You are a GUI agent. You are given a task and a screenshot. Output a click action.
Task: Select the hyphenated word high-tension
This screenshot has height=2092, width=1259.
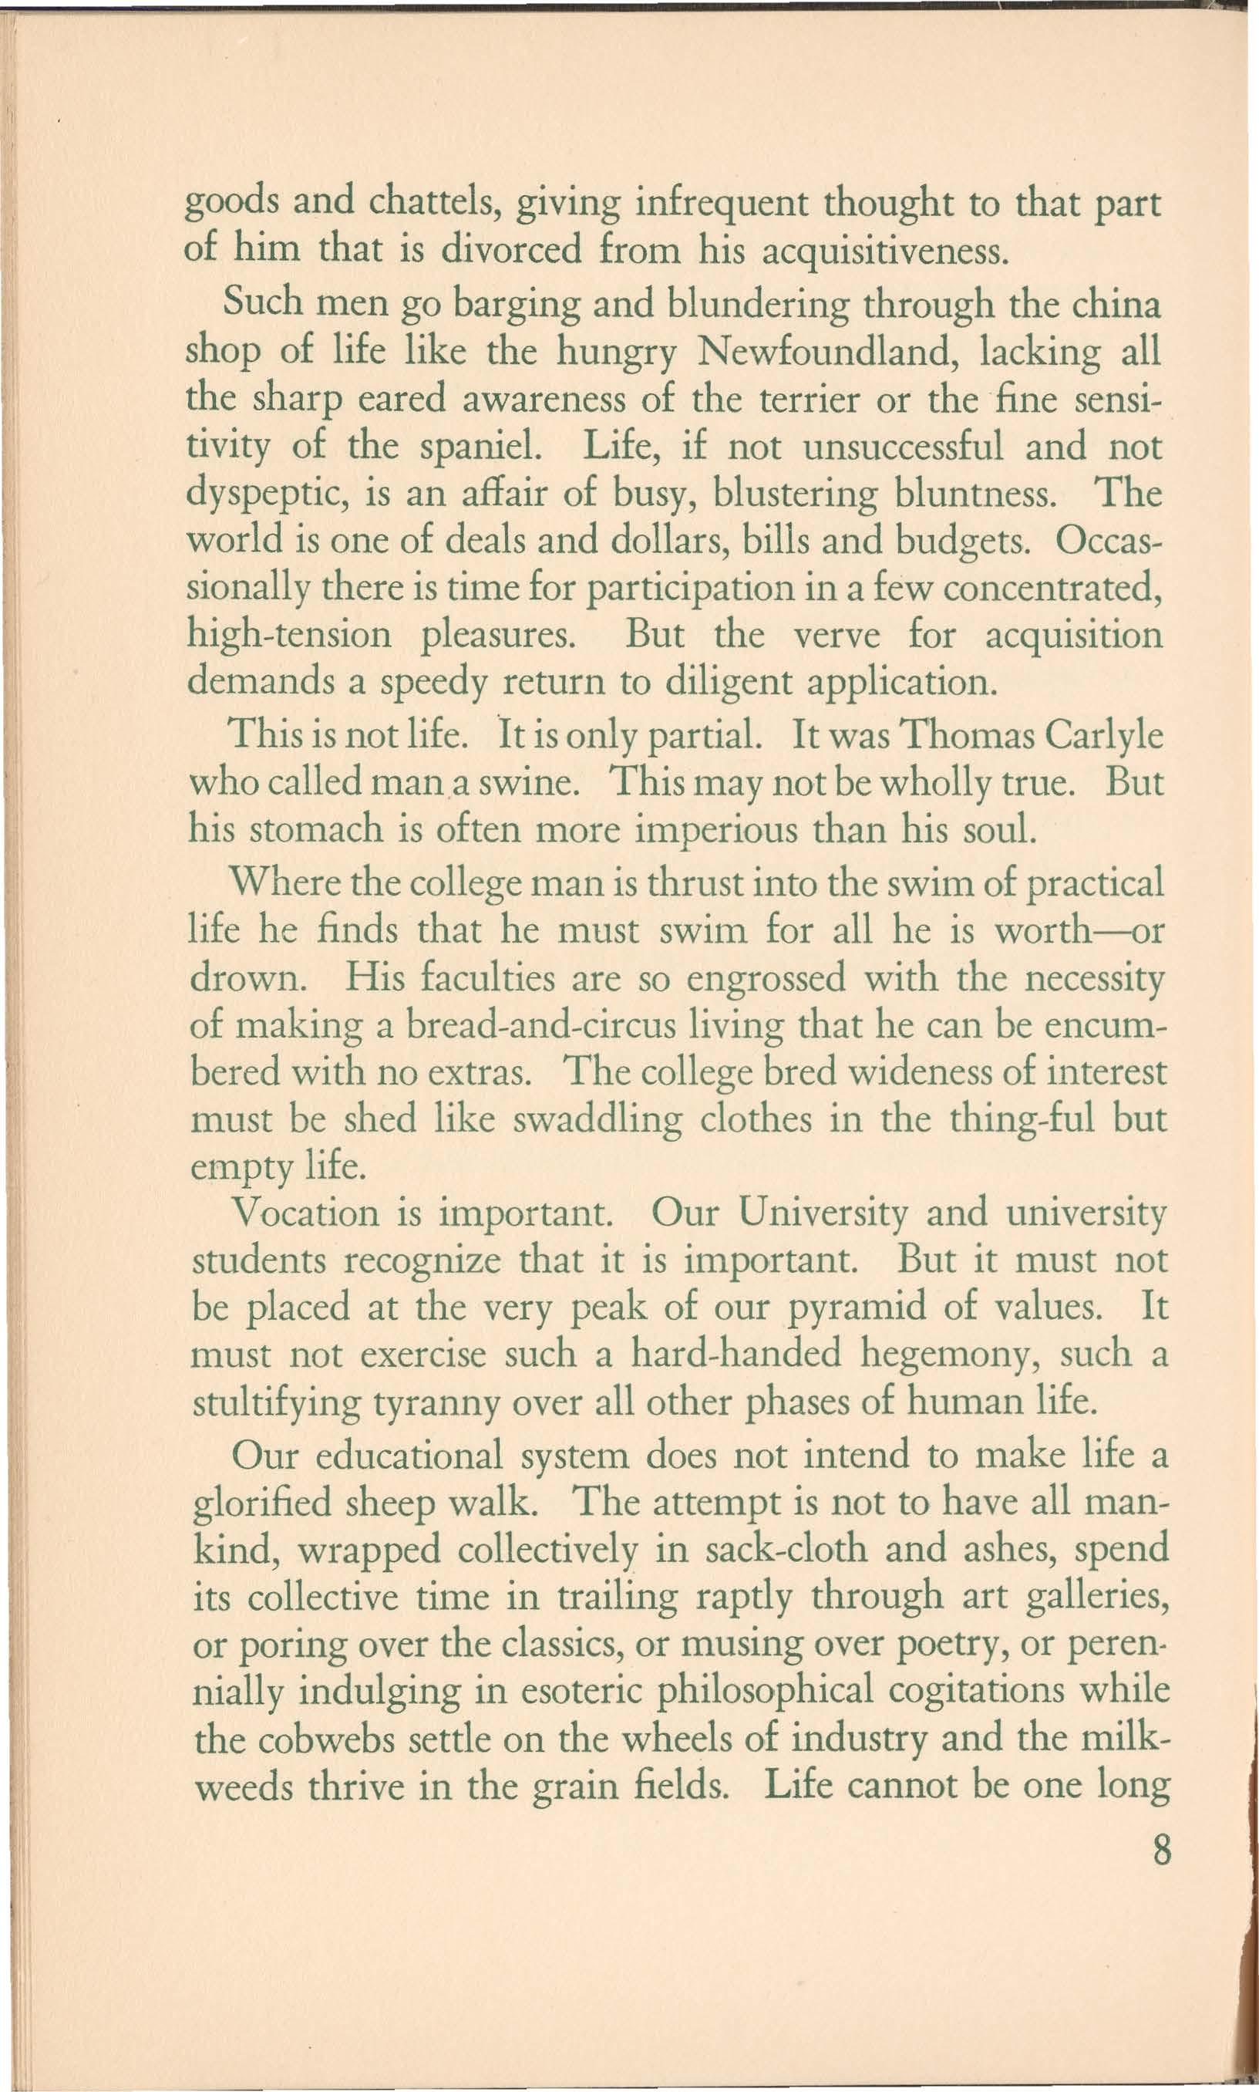click(x=289, y=635)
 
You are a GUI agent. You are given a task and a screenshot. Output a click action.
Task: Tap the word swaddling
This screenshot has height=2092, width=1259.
click(x=598, y=1119)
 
